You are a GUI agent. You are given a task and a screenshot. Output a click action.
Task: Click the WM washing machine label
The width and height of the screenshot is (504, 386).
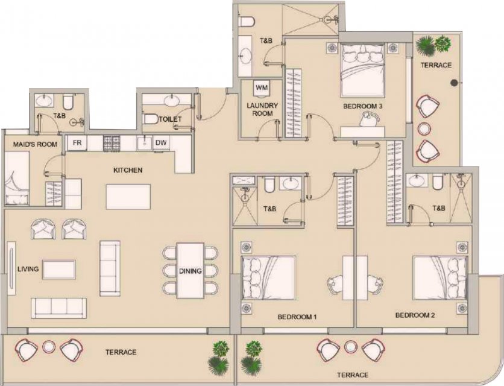(x=262, y=87)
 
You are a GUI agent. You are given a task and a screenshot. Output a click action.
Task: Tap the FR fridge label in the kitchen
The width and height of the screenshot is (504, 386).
(x=77, y=142)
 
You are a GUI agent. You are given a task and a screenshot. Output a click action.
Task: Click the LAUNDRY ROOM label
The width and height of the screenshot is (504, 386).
(x=262, y=109)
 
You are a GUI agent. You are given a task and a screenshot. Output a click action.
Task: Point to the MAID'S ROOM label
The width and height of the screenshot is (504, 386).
(x=35, y=144)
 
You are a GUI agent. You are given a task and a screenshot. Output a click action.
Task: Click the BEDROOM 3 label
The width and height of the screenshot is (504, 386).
(x=362, y=106)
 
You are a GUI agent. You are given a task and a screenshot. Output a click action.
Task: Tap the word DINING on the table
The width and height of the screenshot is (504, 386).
(x=191, y=271)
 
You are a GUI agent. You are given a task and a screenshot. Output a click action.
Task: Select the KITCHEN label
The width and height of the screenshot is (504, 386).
(x=128, y=170)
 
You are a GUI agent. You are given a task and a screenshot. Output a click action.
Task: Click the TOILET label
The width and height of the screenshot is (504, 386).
(x=171, y=119)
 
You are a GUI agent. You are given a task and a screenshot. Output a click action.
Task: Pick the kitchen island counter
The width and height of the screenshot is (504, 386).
(x=128, y=197)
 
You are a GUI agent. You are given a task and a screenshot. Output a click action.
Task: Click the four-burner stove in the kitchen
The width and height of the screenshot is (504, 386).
(x=112, y=143)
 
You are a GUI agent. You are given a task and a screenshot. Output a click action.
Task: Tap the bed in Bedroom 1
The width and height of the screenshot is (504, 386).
(x=268, y=278)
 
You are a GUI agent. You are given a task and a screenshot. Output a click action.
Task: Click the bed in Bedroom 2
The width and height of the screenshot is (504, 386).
(x=439, y=278)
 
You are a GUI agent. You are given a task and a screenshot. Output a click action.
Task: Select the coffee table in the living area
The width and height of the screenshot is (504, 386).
(x=59, y=270)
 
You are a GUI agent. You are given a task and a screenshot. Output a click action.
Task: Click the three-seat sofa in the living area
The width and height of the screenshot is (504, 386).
(x=59, y=308)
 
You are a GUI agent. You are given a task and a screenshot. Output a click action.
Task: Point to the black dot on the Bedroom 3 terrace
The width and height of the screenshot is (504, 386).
(x=454, y=83)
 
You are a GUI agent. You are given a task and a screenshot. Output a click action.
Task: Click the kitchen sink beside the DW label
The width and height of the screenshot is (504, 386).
(x=144, y=143)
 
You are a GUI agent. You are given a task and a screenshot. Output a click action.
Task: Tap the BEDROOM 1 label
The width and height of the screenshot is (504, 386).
(x=297, y=317)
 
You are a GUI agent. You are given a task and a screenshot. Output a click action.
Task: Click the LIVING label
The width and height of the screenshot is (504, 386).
(x=28, y=269)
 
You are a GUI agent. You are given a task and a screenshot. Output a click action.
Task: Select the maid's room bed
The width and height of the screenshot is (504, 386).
(x=17, y=178)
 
